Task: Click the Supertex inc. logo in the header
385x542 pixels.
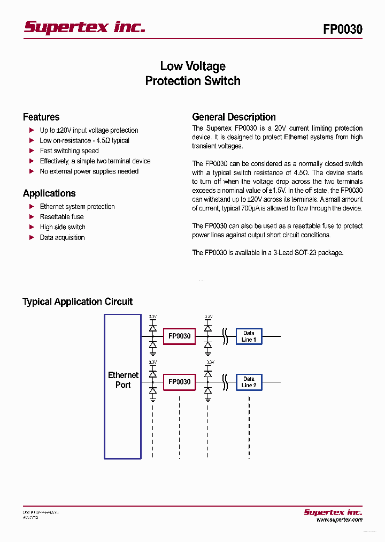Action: point(84,28)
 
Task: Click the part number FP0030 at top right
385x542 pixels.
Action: point(342,29)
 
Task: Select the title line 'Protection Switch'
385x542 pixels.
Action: point(192,81)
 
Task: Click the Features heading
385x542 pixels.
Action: point(41,117)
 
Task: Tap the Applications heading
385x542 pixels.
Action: point(49,193)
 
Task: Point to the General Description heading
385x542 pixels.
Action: point(234,117)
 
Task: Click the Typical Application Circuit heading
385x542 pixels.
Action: point(78,302)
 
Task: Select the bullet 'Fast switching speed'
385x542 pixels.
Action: point(69,151)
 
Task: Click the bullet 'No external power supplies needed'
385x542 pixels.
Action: point(89,171)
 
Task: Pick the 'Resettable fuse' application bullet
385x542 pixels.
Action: point(61,217)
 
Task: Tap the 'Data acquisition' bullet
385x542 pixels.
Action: point(62,238)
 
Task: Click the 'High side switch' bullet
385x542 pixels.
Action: point(63,227)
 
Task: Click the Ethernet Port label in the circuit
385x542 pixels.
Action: point(123,380)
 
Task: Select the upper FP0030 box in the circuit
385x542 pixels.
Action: point(179,336)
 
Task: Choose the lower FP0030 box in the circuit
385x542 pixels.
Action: point(179,382)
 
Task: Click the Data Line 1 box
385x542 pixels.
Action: point(249,336)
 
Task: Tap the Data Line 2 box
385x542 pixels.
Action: point(249,382)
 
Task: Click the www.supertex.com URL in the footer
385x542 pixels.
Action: point(339,520)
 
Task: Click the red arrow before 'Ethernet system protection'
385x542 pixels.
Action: point(32,207)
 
